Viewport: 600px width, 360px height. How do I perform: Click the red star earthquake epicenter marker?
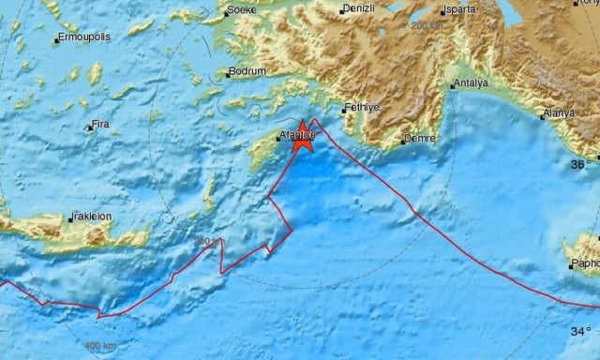tap(303, 139)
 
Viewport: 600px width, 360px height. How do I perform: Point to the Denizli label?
tap(358, 9)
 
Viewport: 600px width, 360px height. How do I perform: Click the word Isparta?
tap(459, 9)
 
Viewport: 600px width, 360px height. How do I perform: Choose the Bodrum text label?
tap(247, 71)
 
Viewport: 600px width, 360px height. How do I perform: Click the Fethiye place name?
tap(360, 108)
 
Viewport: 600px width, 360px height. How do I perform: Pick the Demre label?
tap(417, 139)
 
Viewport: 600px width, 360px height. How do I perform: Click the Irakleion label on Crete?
tap(91, 217)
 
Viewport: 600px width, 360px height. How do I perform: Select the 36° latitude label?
tap(580, 164)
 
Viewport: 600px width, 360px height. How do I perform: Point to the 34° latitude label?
tap(580, 331)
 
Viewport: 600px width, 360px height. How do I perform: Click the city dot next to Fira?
tap(90, 126)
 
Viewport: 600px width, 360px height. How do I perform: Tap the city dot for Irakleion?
tap(69, 220)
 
